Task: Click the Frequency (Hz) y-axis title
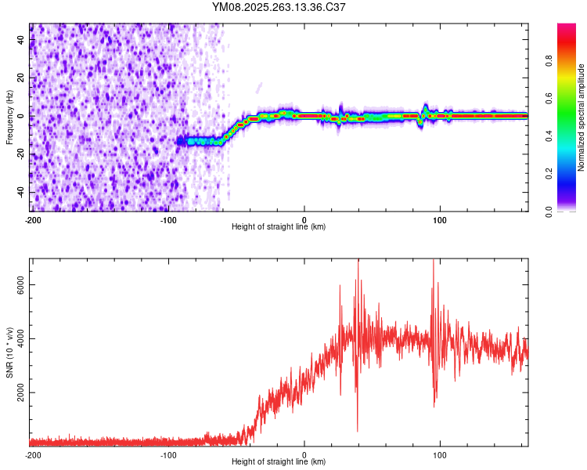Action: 10,117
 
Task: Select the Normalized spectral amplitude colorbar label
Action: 582,117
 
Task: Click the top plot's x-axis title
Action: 279,227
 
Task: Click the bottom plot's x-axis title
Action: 279,462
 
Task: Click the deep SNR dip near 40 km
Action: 358,429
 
